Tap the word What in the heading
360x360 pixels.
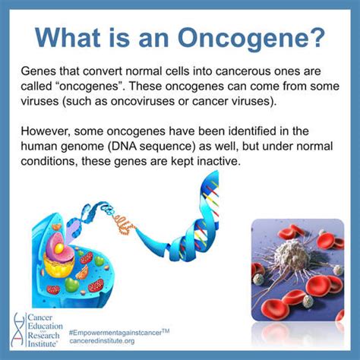point(68,38)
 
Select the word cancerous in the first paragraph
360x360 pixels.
point(242,71)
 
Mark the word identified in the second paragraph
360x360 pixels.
point(249,131)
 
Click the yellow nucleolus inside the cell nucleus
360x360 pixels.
point(59,248)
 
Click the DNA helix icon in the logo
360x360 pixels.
point(18,330)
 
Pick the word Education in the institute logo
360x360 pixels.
point(45,326)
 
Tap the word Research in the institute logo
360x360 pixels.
point(43,335)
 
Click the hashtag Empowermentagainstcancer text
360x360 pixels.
point(119,332)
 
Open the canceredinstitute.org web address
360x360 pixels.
point(102,341)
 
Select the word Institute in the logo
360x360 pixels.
point(42,344)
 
